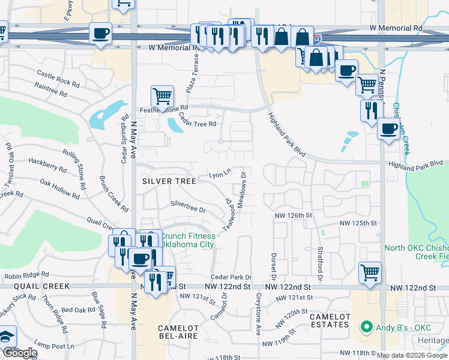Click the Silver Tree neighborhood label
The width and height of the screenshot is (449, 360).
click(x=168, y=181)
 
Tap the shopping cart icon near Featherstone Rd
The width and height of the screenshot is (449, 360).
click(x=162, y=95)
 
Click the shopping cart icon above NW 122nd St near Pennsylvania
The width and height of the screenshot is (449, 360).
click(x=370, y=272)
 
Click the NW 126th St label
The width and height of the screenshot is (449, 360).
click(x=294, y=215)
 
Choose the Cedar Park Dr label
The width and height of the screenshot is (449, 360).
click(x=231, y=277)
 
